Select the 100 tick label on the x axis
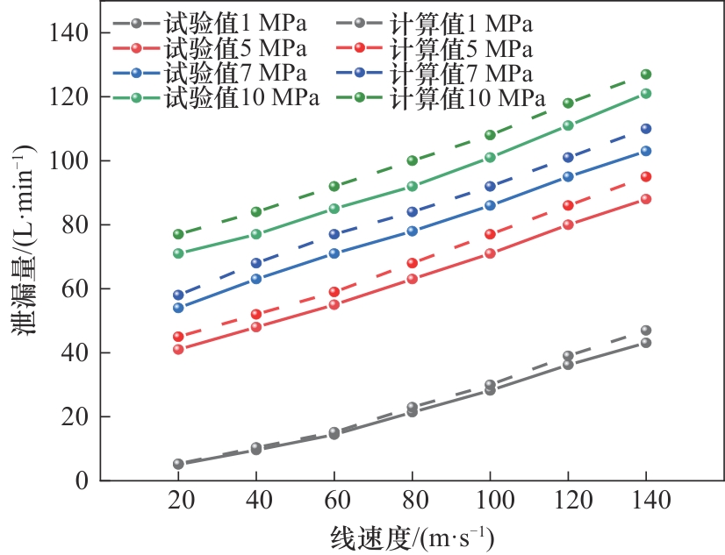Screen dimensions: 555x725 click(x=490, y=501)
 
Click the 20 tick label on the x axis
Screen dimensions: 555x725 click(x=178, y=501)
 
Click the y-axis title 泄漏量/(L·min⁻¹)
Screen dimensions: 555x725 click(x=26, y=254)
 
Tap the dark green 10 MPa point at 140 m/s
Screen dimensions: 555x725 click(x=646, y=75)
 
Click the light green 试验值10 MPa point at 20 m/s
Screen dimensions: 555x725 click(x=178, y=253)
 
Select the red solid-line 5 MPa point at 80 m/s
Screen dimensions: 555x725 click(x=413, y=280)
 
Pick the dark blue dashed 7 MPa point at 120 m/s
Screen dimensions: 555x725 click(x=568, y=158)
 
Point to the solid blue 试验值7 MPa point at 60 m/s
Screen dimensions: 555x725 click(x=334, y=253)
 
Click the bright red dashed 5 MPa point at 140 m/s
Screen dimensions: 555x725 click(x=646, y=177)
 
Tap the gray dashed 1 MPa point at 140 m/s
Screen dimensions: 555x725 click(x=646, y=331)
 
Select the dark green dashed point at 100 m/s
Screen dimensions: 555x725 click(x=490, y=135)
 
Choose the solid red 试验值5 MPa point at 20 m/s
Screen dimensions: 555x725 click(x=178, y=349)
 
